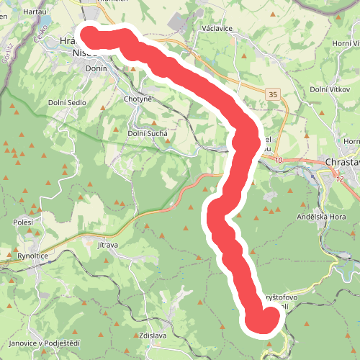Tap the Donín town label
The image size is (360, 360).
click(x=96, y=68)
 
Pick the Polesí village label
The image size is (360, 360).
click(x=23, y=223)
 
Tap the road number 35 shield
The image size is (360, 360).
click(x=271, y=94)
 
